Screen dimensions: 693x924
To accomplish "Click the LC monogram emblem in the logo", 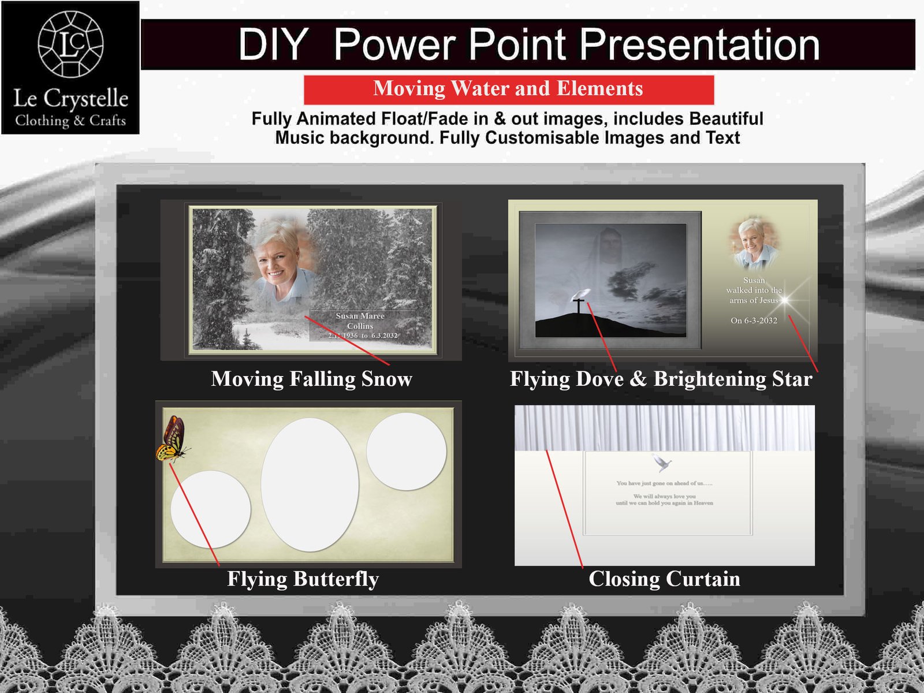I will pyautogui.click(x=70, y=44).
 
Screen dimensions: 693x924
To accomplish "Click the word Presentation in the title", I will pyautogui.click(x=699, y=44).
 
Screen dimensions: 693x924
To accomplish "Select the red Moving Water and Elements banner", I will pyautogui.click(x=508, y=89).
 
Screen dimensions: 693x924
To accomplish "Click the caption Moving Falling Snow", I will pyautogui.click(x=311, y=379).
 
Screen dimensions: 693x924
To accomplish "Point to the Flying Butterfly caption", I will pyautogui.click(x=303, y=579).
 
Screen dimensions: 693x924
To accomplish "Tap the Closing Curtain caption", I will pyautogui.click(x=664, y=579).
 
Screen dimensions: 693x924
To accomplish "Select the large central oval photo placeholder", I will pyautogui.click(x=310, y=484).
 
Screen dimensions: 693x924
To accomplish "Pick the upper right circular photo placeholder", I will pyautogui.click(x=406, y=451).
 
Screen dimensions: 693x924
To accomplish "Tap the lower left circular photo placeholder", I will pyautogui.click(x=211, y=509).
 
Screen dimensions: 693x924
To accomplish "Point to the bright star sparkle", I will pyautogui.click(x=785, y=300).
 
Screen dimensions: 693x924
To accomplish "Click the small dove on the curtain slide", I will pyautogui.click(x=662, y=463).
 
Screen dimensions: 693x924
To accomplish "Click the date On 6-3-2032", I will pyautogui.click(x=754, y=321).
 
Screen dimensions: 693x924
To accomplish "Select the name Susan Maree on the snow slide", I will pyautogui.click(x=360, y=316).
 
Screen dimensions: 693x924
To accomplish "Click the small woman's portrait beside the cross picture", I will pyautogui.click(x=754, y=243).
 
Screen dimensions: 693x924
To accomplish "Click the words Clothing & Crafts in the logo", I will pyautogui.click(x=70, y=121).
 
